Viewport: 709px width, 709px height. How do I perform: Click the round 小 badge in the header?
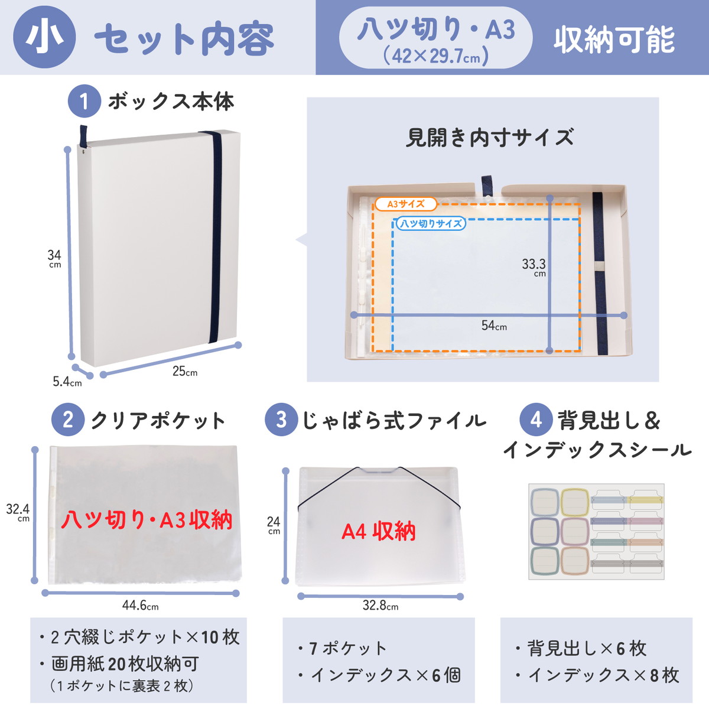(x=44, y=37)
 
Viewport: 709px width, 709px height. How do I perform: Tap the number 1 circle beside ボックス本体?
(x=84, y=101)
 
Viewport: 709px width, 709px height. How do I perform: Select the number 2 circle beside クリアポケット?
(x=68, y=420)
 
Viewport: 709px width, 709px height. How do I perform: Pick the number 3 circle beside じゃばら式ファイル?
(x=281, y=420)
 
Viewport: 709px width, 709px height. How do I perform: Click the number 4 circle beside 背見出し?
(x=536, y=420)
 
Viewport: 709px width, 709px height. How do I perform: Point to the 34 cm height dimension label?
(x=54, y=259)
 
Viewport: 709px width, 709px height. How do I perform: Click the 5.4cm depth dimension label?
(x=67, y=382)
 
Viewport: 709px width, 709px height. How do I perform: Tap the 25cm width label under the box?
(x=185, y=371)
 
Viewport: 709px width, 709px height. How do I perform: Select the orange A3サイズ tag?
(x=406, y=204)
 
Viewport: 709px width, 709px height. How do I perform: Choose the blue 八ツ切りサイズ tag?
(x=431, y=223)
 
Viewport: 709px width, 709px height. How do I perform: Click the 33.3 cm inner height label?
(x=534, y=267)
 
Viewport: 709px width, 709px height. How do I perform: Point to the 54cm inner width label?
(x=494, y=325)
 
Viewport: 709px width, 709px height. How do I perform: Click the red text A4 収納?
(x=379, y=531)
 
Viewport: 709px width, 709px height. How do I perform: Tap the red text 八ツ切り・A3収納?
(x=147, y=520)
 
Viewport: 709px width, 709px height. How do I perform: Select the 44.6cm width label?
(x=141, y=605)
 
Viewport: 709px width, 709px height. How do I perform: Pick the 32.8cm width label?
(x=380, y=605)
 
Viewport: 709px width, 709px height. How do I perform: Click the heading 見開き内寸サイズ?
(x=490, y=138)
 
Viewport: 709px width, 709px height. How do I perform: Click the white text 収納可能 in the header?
(x=614, y=40)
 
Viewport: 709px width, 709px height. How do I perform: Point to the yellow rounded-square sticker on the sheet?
(x=575, y=502)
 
